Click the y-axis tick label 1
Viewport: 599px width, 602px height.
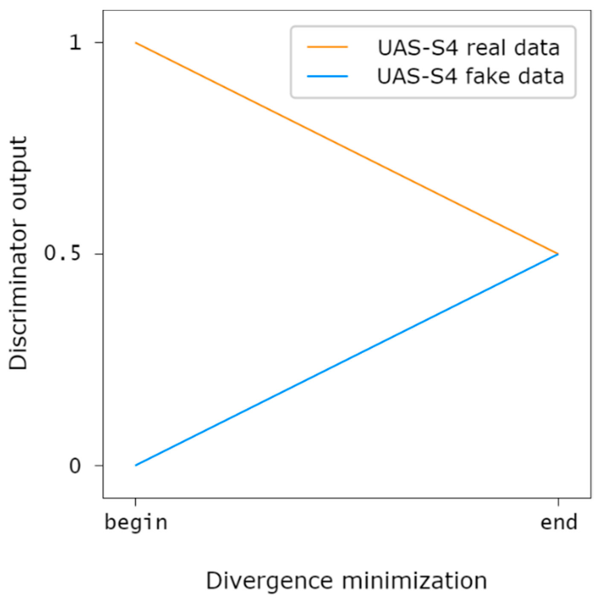[76, 43]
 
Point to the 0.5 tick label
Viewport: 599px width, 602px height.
[62, 253]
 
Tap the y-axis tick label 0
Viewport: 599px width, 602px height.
[75, 465]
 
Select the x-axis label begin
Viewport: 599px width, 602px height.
[136, 523]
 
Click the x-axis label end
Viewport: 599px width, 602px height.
[558, 523]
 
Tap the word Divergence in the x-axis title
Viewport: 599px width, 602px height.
[270, 581]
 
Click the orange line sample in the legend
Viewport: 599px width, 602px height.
[327, 47]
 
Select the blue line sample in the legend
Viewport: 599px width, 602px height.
[327, 76]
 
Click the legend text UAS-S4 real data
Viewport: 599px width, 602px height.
[468, 48]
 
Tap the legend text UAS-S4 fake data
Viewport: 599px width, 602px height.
[470, 76]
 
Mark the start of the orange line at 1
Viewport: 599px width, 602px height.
[136, 43]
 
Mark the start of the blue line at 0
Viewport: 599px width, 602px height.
[136, 465]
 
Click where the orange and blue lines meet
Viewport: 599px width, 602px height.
[558, 254]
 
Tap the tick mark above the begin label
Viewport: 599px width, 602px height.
[136, 502]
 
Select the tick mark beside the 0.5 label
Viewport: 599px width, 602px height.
[99, 254]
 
